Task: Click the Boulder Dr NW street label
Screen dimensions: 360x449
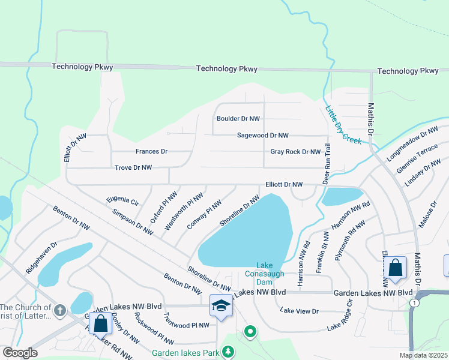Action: (x=238, y=119)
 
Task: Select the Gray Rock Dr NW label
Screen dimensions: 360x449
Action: (x=295, y=152)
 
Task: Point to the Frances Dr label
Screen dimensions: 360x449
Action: (x=151, y=152)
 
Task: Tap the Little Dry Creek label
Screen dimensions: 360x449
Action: (x=343, y=124)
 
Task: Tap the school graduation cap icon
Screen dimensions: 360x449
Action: (x=221, y=305)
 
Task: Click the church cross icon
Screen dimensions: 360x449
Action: (x=59, y=310)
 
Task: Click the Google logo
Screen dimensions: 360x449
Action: (x=20, y=353)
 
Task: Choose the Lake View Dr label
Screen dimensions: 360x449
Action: (x=299, y=311)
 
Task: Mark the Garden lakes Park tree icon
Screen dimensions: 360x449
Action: (x=228, y=353)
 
